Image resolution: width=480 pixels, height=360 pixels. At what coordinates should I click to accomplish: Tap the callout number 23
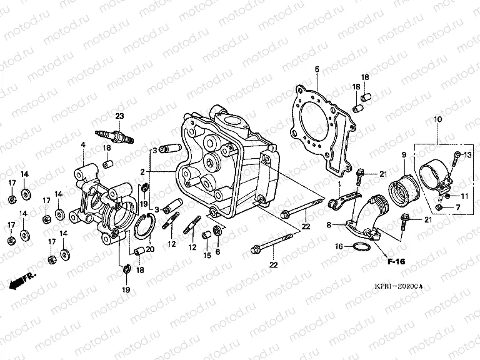(119, 116)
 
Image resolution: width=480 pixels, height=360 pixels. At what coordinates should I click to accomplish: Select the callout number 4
(82, 145)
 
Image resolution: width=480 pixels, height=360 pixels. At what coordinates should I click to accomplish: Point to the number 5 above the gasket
(317, 69)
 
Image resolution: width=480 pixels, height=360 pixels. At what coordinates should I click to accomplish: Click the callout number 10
(437, 119)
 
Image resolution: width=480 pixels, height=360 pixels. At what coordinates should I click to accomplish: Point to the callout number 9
(403, 154)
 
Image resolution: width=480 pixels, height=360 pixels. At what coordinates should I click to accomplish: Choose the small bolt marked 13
(457, 154)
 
